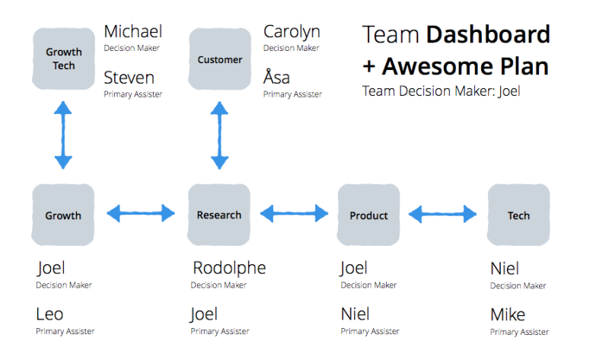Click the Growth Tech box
click(63, 59)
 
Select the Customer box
click(220, 59)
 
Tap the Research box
click(219, 215)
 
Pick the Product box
click(368, 215)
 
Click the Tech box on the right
click(518, 215)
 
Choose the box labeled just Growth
click(63, 215)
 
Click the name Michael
click(133, 32)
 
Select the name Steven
click(129, 78)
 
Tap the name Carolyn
click(292, 32)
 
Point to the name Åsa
click(277, 78)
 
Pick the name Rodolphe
click(229, 268)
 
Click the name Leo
click(49, 314)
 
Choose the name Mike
click(508, 314)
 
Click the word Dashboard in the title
click(487, 35)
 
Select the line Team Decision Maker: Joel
click(442, 91)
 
